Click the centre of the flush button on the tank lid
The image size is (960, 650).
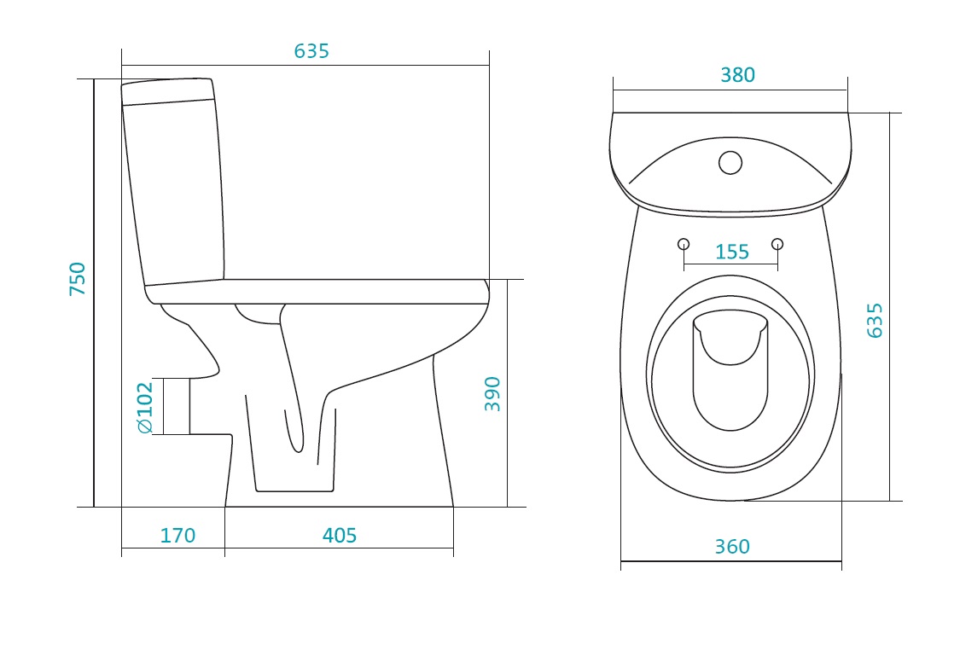pyautogui.click(x=730, y=163)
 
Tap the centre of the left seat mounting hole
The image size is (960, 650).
pyautogui.click(x=684, y=244)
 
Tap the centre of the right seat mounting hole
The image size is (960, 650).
pyautogui.click(x=777, y=244)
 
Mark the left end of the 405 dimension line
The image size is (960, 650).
pyautogui.click(x=224, y=548)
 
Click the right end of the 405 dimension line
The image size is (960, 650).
pyautogui.click(x=454, y=548)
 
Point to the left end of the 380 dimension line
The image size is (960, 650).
pyautogui.click(x=614, y=90)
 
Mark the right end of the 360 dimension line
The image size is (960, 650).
pyautogui.click(x=842, y=560)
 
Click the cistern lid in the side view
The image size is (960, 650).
pyautogui.click(x=168, y=91)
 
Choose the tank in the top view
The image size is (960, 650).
pyautogui.click(x=730, y=164)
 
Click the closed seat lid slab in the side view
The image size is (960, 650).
pyautogui.click(x=317, y=292)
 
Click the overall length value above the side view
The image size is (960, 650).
pyautogui.click(x=311, y=51)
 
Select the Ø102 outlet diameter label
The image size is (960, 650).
pyautogui.click(x=145, y=408)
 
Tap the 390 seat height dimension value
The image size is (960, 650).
pyautogui.click(x=492, y=394)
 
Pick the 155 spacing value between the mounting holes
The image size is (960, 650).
pyautogui.click(x=732, y=252)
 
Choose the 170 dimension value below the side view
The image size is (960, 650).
pyautogui.click(x=177, y=536)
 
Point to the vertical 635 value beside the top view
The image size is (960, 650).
pyautogui.click(x=875, y=320)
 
